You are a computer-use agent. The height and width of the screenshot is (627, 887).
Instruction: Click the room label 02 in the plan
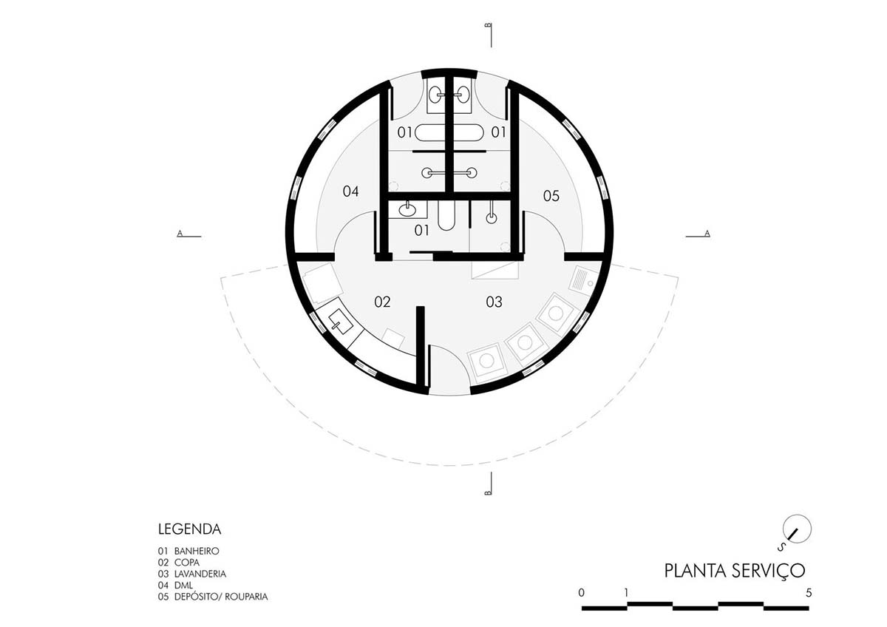pyautogui.click(x=381, y=302)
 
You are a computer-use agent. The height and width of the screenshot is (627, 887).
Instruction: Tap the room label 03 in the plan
pyautogui.click(x=494, y=302)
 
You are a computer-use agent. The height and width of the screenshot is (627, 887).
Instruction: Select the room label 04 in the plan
pyautogui.click(x=350, y=192)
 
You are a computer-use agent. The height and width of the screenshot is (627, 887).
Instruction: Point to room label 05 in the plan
pyautogui.click(x=551, y=196)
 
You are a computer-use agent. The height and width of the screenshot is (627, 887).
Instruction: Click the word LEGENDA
pyautogui.click(x=189, y=529)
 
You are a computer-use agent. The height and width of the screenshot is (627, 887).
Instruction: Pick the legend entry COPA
pyautogui.click(x=187, y=562)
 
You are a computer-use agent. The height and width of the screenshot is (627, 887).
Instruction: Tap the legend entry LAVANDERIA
pyautogui.click(x=200, y=573)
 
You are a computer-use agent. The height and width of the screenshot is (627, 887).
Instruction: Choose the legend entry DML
pyautogui.click(x=183, y=584)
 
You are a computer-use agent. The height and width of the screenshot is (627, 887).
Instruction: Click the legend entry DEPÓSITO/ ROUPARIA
pyautogui.click(x=221, y=596)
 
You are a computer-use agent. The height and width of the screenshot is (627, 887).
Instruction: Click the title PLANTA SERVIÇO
pyautogui.click(x=733, y=571)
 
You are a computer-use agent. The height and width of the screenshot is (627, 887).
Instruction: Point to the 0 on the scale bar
pyautogui.click(x=582, y=592)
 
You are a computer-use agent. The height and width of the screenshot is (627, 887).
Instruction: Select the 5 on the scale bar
pyautogui.click(x=809, y=592)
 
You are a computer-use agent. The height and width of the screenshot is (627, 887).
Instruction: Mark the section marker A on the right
pyautogui.click(x=707, y=234)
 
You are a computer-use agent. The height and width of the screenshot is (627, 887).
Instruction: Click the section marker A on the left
pyautogui.click(x=179, y=234)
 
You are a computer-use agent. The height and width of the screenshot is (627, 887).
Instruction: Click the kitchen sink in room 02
pyautogui.click(x=339, y=321)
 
